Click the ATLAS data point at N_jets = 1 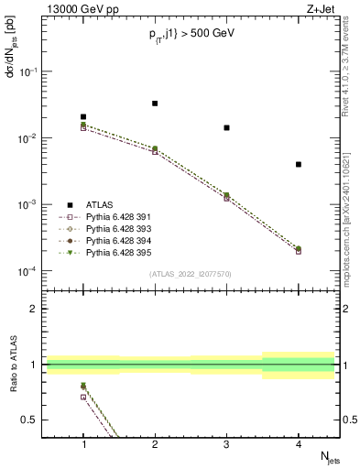[83, 117]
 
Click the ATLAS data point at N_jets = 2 [155, 104]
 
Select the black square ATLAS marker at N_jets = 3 [226, 127]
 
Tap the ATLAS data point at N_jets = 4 [299, 164]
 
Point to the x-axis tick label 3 [226, 444]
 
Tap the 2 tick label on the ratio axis [35, 309]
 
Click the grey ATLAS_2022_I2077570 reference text [191, 273]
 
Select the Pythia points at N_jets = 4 [299, 249]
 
